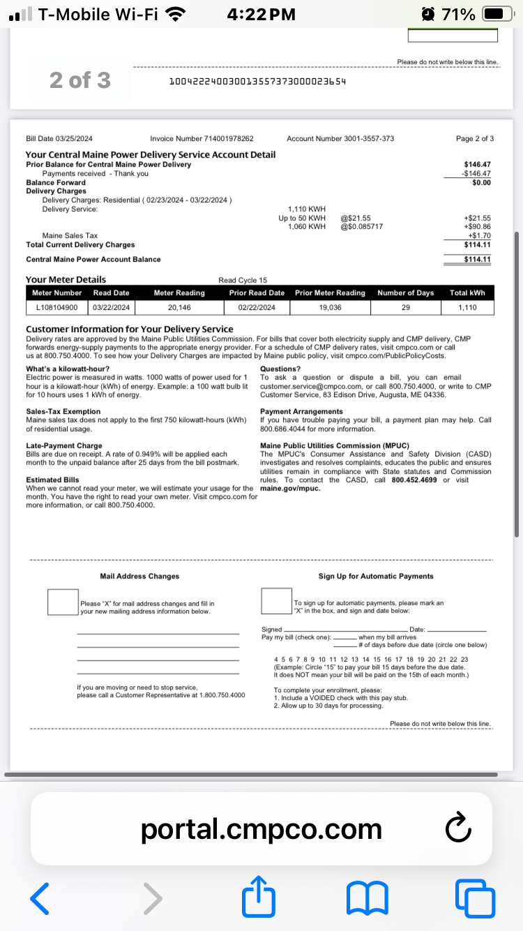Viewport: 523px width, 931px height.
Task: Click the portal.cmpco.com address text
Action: [x=261, y=829]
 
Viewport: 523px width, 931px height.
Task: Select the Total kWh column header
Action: [x=467, y=293]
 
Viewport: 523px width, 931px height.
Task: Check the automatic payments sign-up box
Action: [x=276, y=602]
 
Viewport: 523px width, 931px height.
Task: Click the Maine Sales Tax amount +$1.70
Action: [x=480, y=236]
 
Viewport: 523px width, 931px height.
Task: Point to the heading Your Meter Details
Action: [x=66, y=280]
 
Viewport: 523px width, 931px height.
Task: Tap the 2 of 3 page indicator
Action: [x=79, y=81]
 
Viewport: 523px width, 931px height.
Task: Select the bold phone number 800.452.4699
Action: [x=416, y=480]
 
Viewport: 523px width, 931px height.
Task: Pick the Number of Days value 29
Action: [x=405, y=307]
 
